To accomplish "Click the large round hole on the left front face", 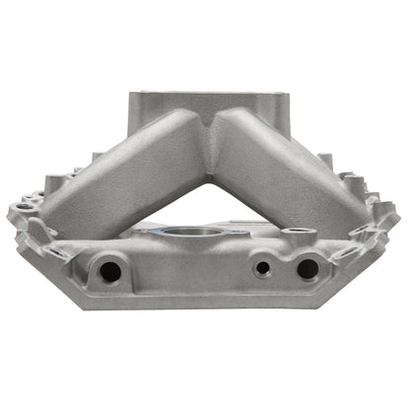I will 109,268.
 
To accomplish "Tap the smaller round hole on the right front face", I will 262,266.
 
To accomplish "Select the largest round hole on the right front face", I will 307,268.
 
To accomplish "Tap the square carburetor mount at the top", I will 204,103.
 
